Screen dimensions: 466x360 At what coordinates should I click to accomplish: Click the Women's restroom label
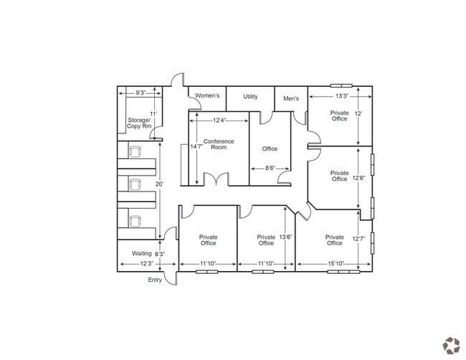[207, 95]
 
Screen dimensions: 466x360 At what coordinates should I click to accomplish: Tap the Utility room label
[250, 96]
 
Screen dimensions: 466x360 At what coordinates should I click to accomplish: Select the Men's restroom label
[291, 98]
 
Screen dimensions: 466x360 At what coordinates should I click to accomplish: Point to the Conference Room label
[219, 144]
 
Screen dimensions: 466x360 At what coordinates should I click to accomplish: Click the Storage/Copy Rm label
[139, 123]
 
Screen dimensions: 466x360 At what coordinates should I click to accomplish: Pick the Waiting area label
[142, 253]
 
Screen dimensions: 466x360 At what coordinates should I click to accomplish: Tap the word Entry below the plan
[155, 280]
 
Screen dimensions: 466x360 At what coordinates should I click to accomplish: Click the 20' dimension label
[159, 184]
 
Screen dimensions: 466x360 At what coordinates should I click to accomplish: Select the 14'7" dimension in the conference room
[196, 146]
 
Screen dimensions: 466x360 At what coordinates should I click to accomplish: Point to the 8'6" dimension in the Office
[270, 169]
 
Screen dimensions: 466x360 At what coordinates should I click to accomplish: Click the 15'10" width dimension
[336, 263]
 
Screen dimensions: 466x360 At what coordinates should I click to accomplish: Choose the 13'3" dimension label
[342, 96]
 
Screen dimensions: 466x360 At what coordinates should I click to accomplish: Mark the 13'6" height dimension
[285, 237]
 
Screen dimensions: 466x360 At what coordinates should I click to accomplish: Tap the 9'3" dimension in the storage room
[141, 93]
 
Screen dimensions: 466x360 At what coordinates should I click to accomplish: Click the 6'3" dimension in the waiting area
[160, 254]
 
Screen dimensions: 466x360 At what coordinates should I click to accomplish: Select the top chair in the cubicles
[135, 151]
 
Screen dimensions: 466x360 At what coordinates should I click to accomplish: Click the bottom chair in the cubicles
[135, 221]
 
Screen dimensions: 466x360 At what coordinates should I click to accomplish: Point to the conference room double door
[216, 179]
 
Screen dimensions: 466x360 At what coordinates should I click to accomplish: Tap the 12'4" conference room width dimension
[219, 120]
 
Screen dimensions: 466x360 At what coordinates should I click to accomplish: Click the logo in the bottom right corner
[451, 346]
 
